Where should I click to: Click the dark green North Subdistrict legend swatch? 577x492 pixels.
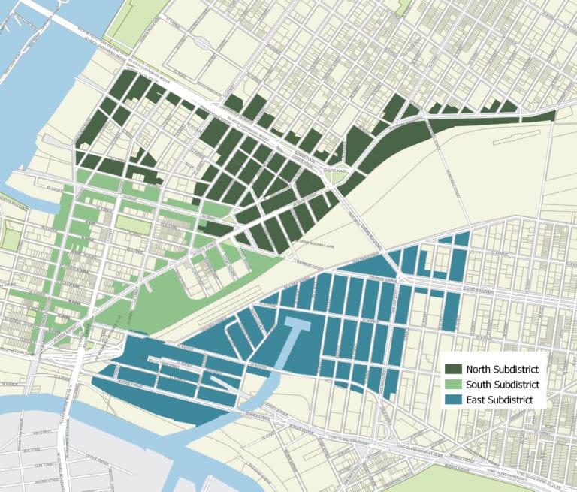point(453,369)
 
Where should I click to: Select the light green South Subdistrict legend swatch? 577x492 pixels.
point(453,385)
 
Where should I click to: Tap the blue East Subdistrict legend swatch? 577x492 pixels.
point(453,400)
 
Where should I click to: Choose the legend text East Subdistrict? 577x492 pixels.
point(500,400)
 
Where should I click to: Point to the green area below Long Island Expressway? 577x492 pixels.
point(488,481)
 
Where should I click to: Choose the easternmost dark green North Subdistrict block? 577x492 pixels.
point(539,116)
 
